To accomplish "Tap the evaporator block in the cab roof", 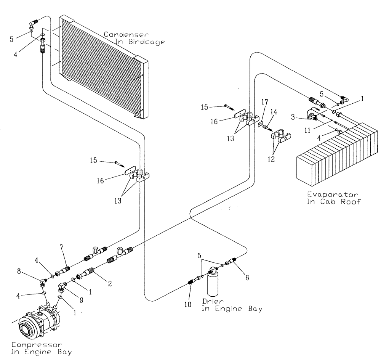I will [x=337, y=153].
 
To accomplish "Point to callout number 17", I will [x=265, y=103].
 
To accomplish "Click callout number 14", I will [x=273, y=111].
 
